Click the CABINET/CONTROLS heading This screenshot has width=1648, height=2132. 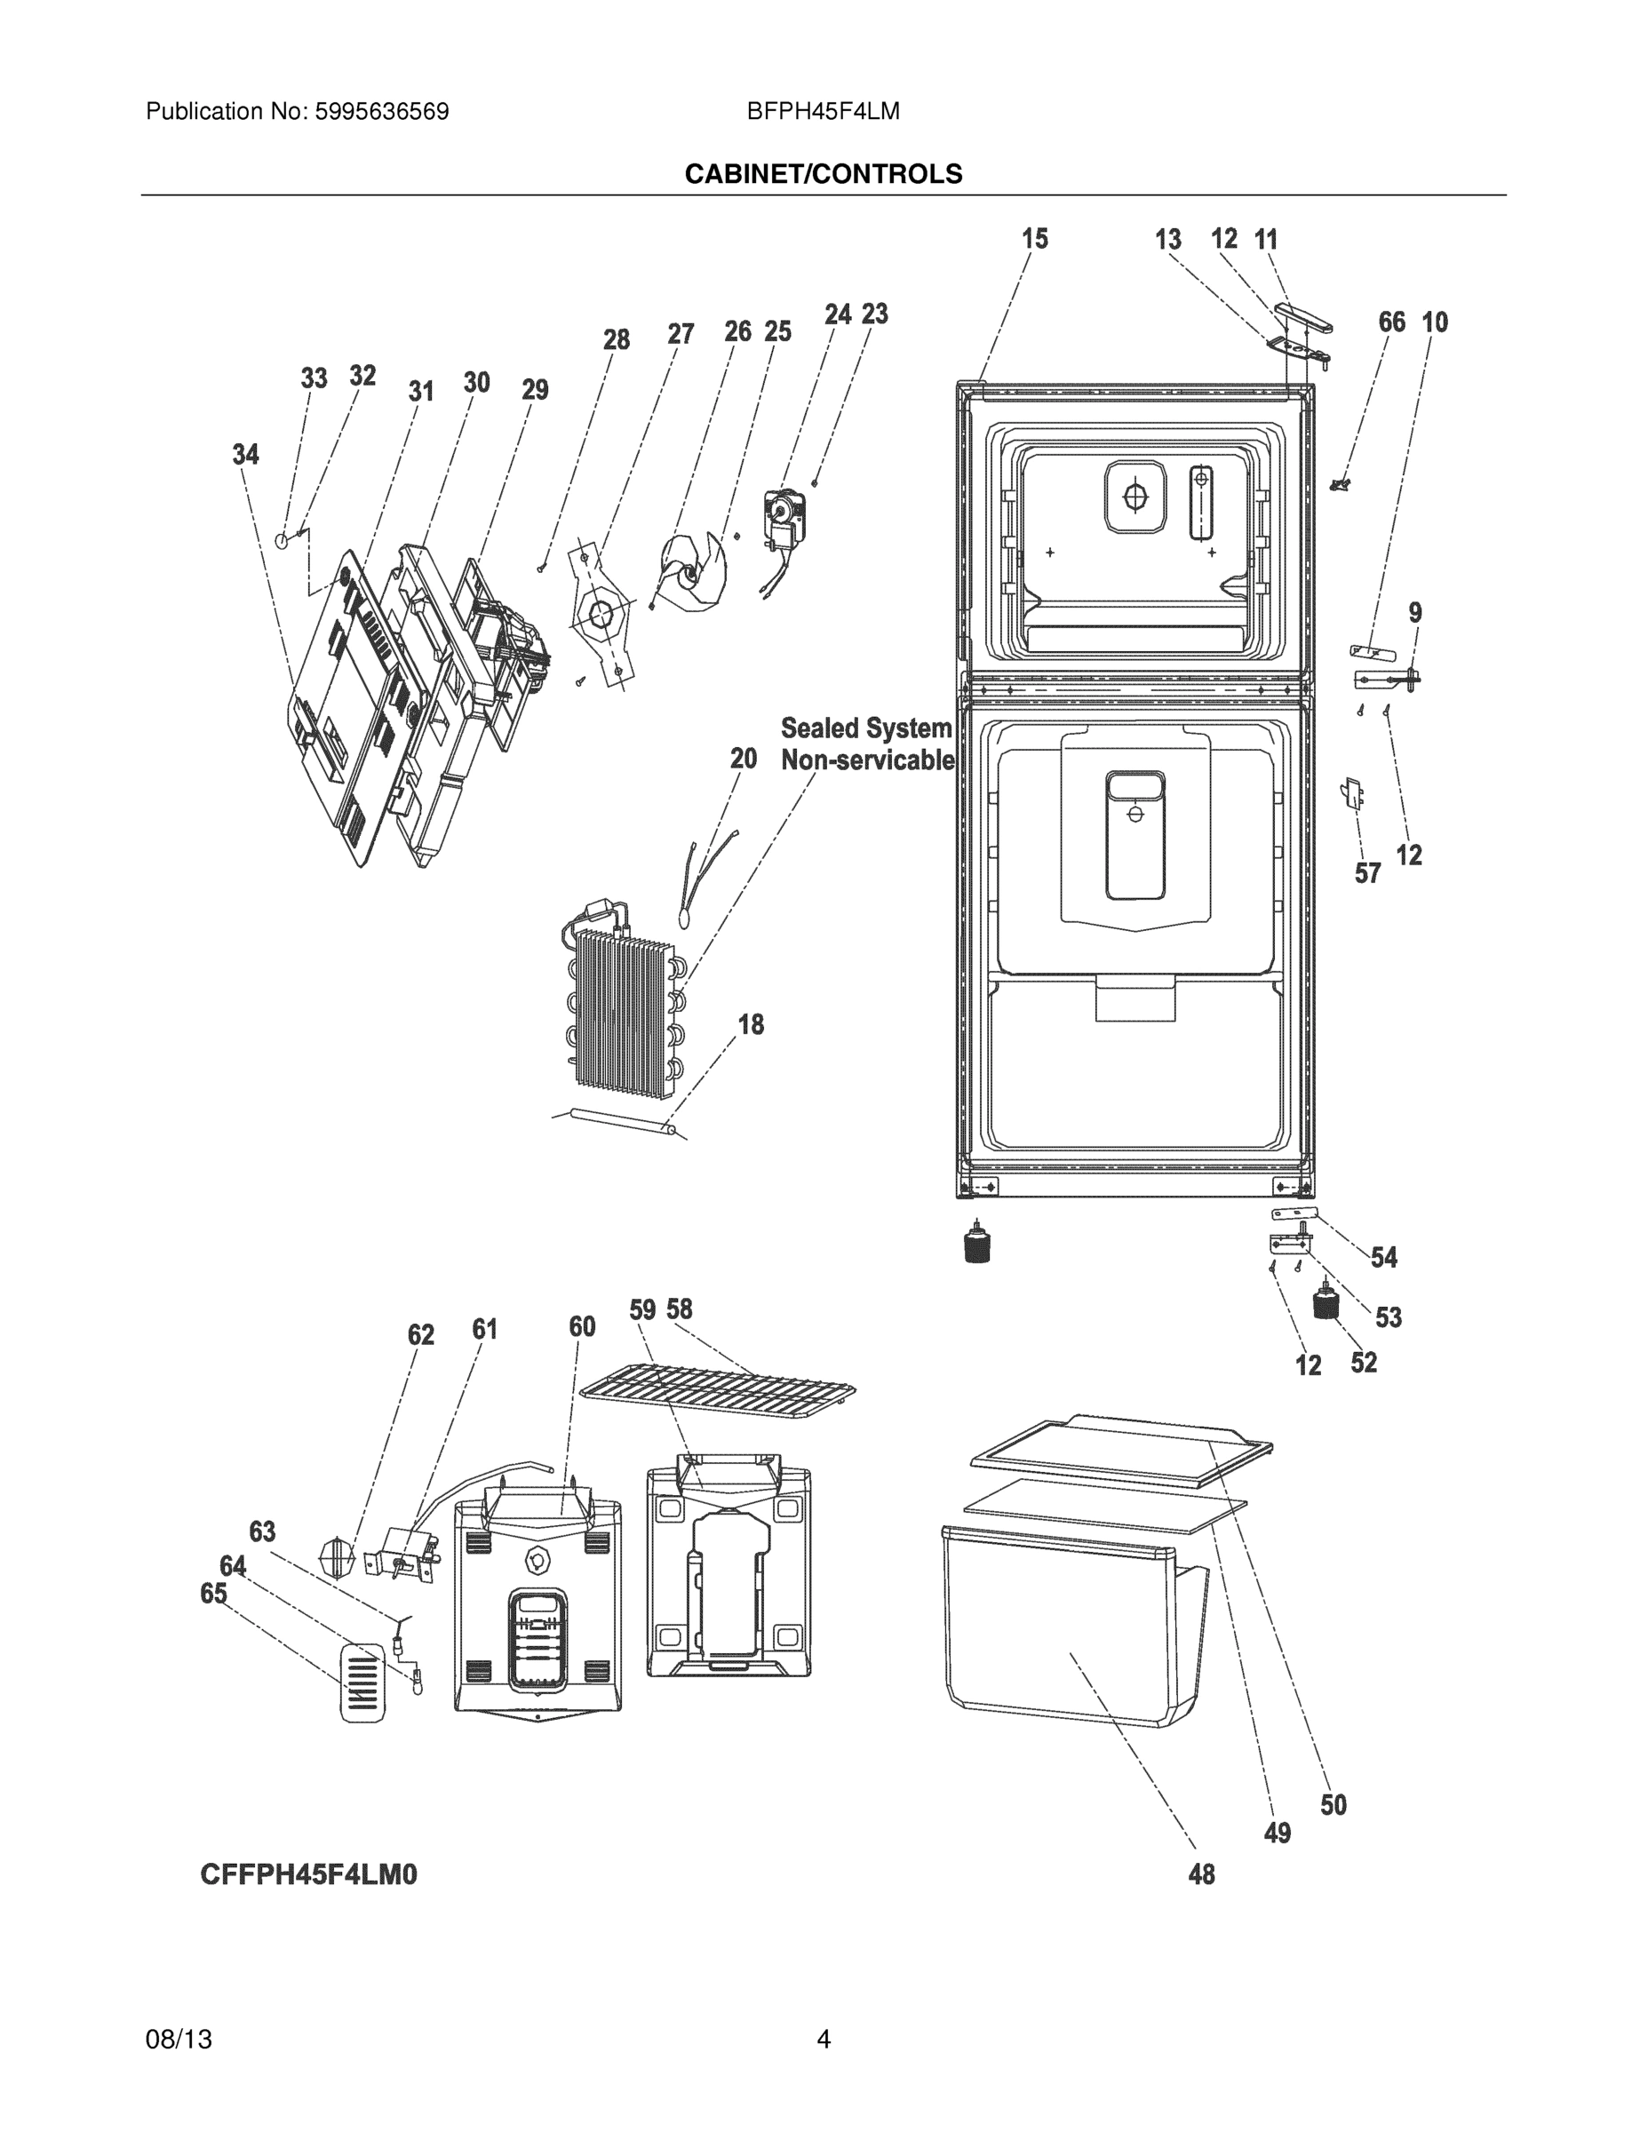[823, 174]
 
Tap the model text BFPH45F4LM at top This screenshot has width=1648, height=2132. [823, 111]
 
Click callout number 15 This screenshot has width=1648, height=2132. [1034, 239]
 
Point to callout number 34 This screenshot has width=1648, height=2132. [245, 454]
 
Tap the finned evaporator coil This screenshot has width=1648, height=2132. [623, 1007]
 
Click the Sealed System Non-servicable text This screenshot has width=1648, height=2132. [866, 744]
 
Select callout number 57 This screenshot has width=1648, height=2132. [1368, 872]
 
